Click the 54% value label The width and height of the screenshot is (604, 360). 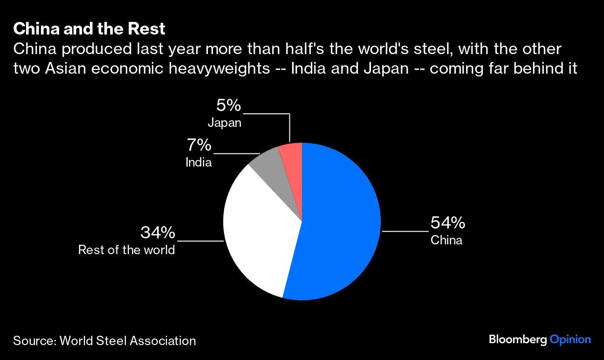pos(447,223)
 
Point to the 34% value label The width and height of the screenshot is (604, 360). pos(158,232)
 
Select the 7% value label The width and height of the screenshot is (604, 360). pos(199,145)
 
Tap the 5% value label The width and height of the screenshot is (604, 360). pos(228,105)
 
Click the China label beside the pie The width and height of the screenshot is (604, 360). pos(446,241)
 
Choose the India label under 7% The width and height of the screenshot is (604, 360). pos(199,162)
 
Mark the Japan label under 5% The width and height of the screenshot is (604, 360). pos(224,123)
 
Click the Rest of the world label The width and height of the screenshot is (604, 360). pos(126,250)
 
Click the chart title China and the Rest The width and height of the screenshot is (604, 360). pos(89,29)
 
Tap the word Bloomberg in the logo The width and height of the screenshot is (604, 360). pos(517,339)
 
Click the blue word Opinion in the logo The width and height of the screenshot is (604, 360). pos(570,339)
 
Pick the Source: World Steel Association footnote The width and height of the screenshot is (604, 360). pos(104,340)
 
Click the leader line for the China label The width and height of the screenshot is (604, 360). pos(405,231)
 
